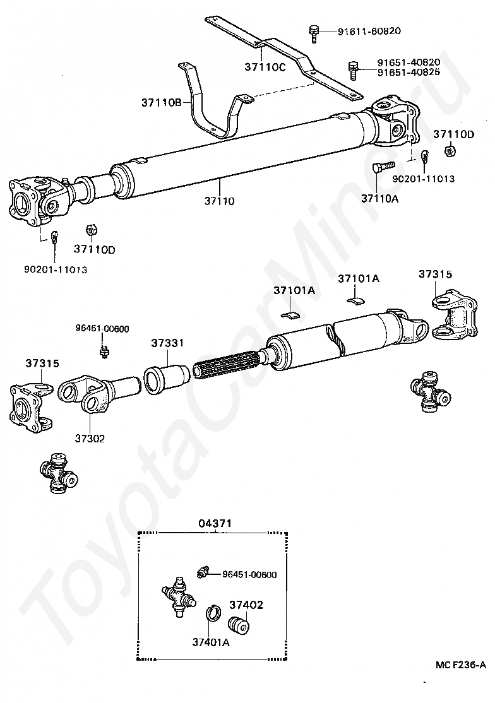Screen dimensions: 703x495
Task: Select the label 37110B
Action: click(x=161, y=102)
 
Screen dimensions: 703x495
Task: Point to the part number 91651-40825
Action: click(x=409, y=72)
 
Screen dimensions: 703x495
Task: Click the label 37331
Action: click(x=167, y=343)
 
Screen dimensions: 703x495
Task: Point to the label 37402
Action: click(x=246, y=605)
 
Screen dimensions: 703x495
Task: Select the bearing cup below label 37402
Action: click(x=239, y=624)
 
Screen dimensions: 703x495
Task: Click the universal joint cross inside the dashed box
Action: click(x=176, y=595)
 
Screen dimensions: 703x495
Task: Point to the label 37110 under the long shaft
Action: click(x=219, y=201)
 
